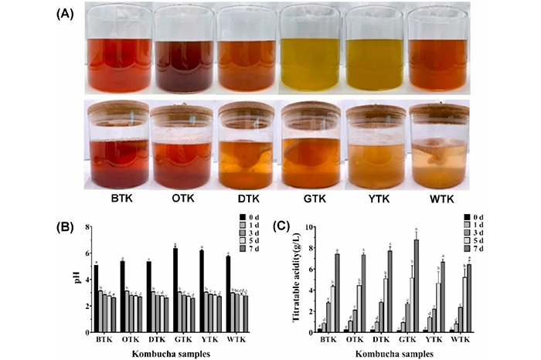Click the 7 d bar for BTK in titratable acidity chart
(x=337, y=293)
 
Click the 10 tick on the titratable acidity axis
(x=305, y=227)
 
